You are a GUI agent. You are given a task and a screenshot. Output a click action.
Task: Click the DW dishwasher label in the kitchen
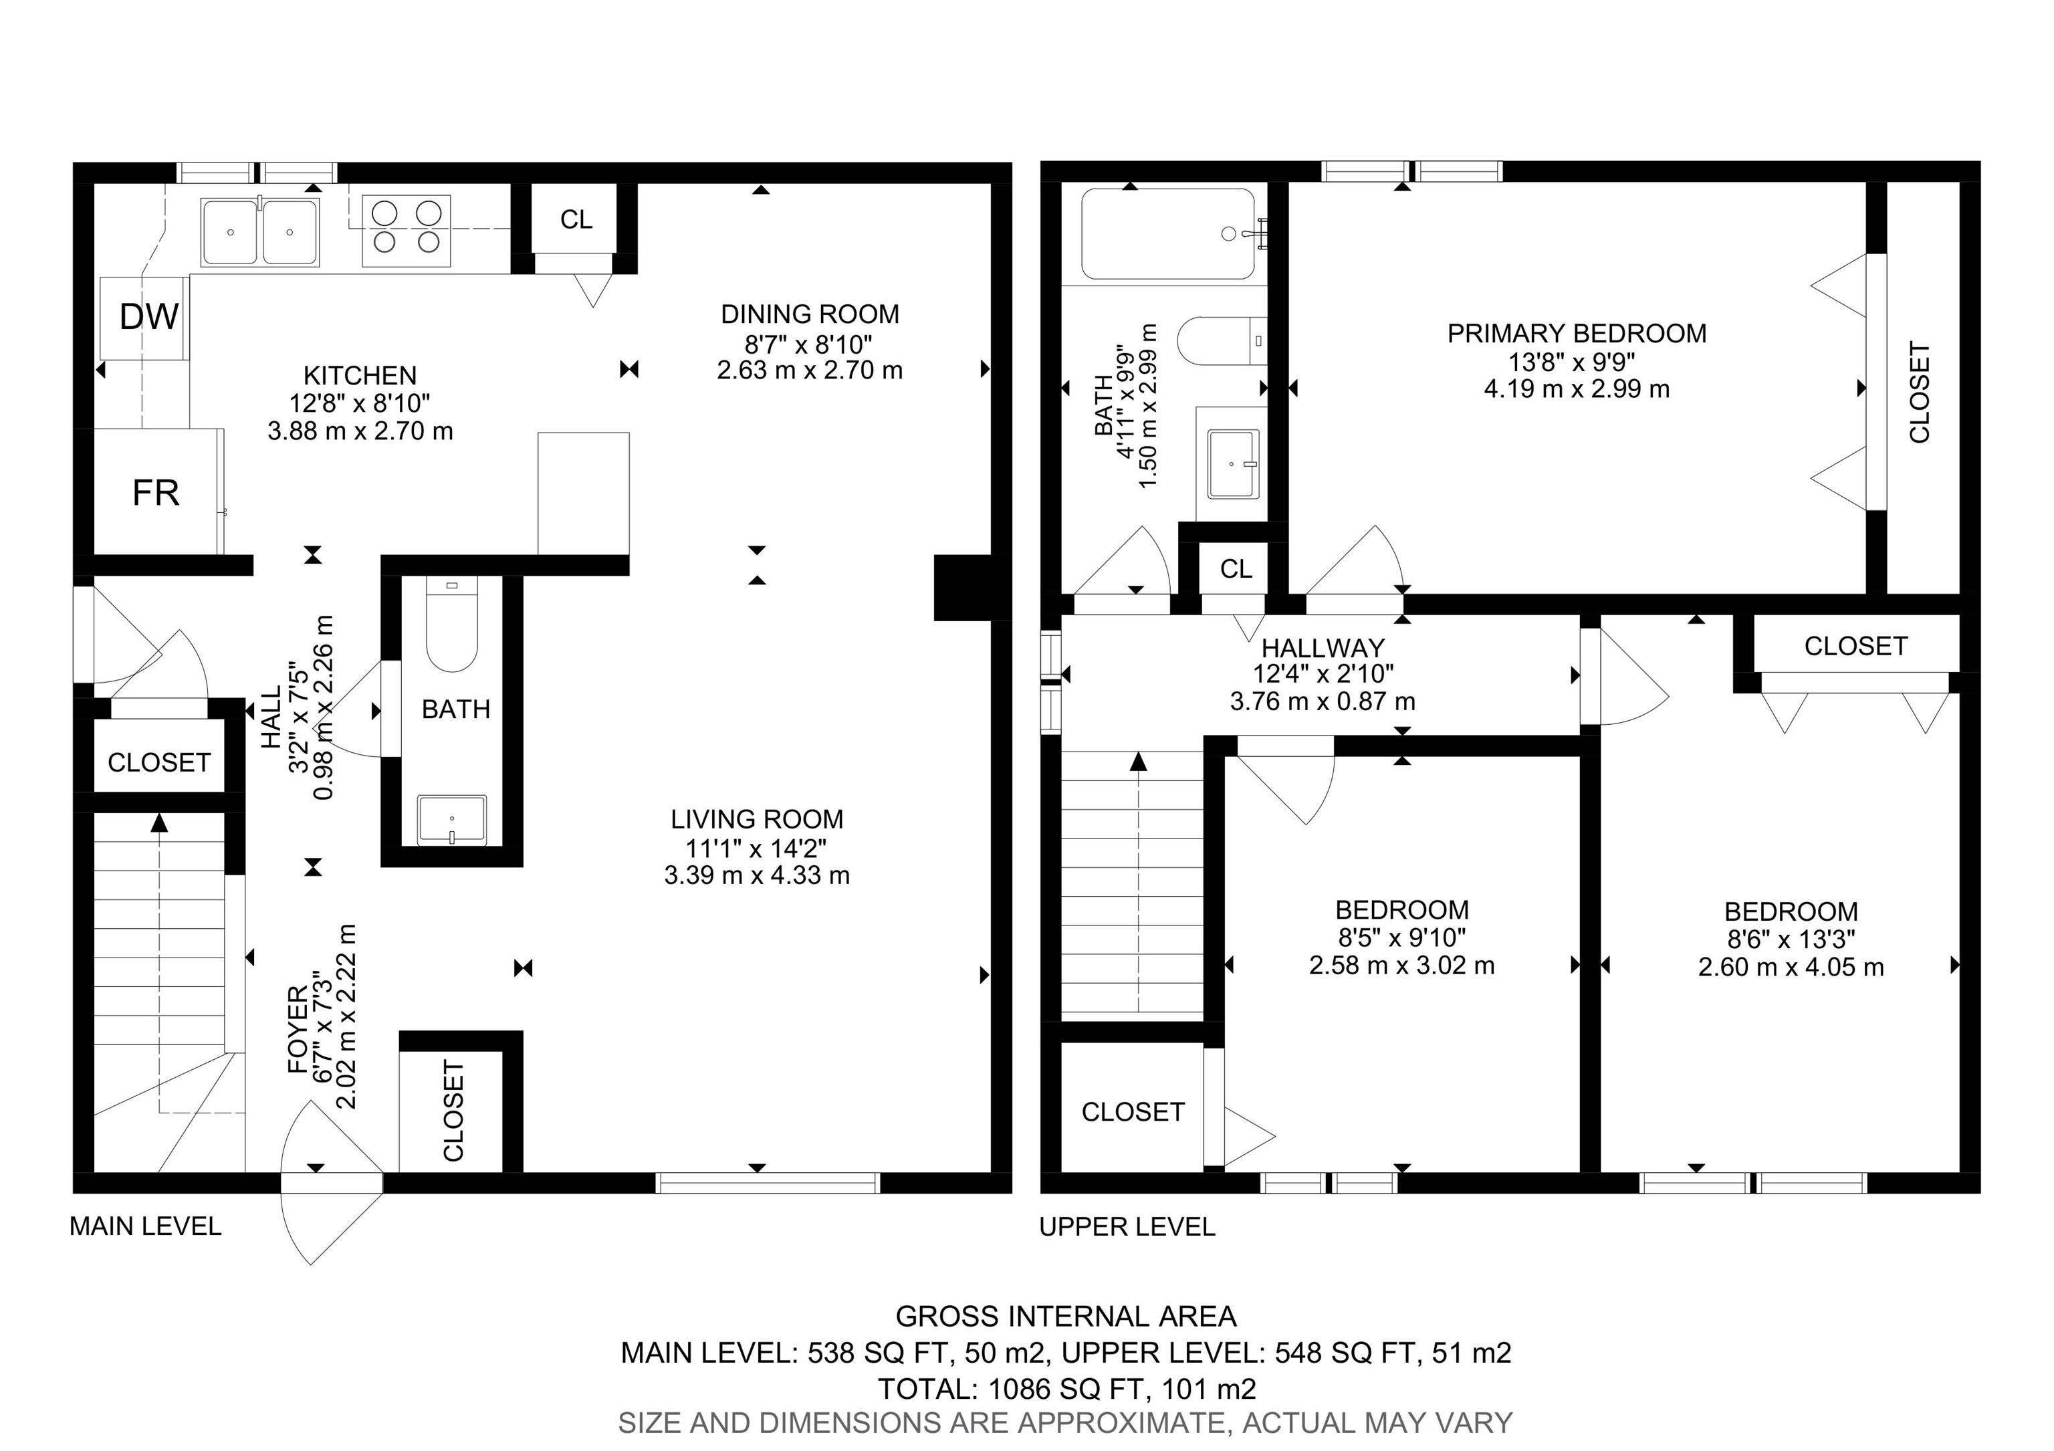[x=148, y=317]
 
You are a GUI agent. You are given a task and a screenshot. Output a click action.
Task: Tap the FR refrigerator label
[x=156, y=493]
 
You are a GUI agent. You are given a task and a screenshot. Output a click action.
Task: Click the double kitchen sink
[x=259, y=232]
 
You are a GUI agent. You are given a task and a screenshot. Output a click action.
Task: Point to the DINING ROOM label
[x=810, y=314]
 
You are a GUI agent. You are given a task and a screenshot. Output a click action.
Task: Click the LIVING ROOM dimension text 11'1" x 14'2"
[x=756, y=847]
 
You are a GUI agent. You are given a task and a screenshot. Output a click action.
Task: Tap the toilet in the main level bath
[x=452, y=626]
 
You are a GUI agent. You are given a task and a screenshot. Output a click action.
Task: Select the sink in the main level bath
[x=452, y=818]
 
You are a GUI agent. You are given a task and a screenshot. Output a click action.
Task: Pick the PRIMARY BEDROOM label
[x=1577, y=334]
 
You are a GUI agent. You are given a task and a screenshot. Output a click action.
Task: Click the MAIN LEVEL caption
[x=145, y=1226]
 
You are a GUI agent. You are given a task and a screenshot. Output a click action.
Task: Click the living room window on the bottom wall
[x=768, y=1183]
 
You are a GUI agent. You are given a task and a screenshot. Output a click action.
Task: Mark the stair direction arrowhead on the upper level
[x=1138, y=762]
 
